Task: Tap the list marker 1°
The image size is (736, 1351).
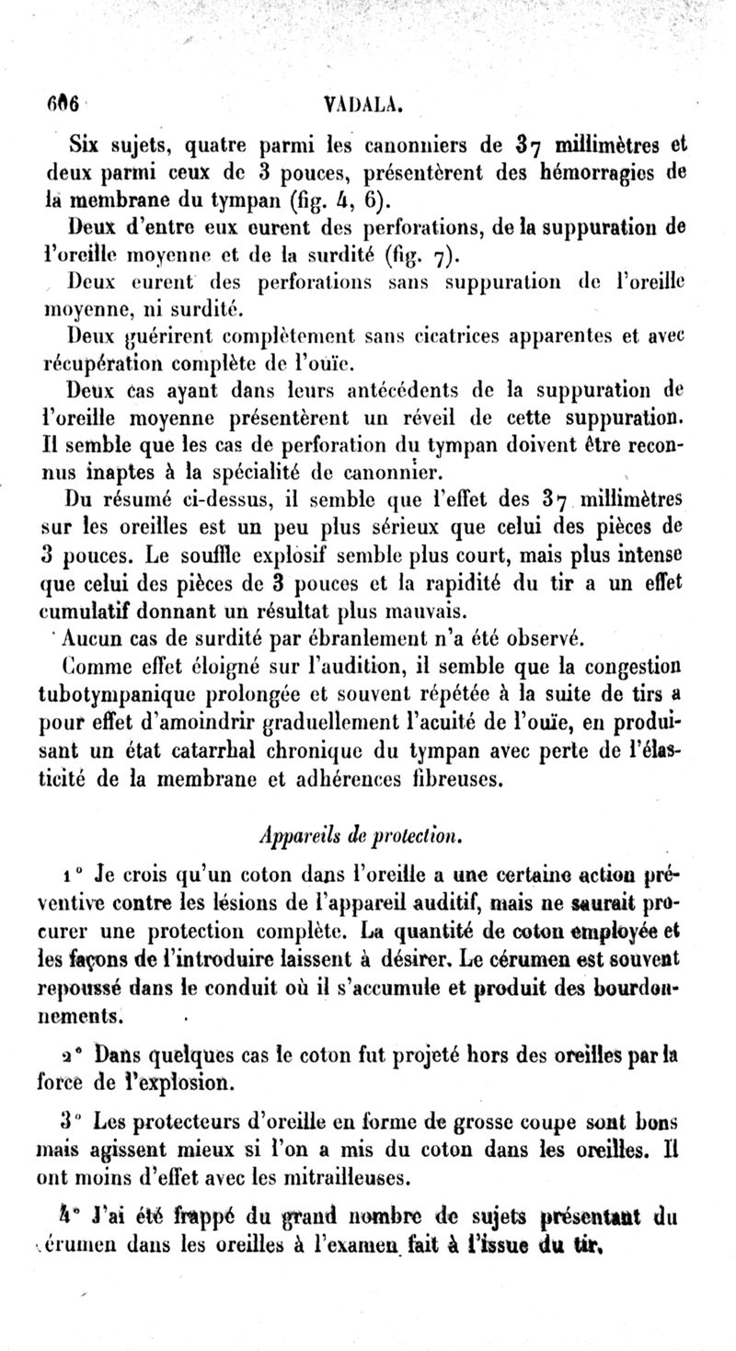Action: tap(73, 871)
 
